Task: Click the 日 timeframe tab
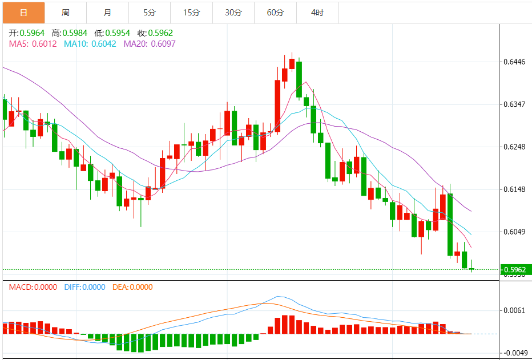pos(23,12)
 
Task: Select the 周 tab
pos(66,12)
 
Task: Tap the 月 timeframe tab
pos(108,12)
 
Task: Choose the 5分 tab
pos(149,12)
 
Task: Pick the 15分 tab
pos(191,12)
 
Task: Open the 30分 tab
pos(233,12)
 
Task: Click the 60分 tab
pos(275,12)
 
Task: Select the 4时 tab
pos(317,12)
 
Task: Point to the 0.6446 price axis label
pos(513,62)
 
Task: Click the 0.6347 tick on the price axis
pos(513,104)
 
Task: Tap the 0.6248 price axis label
pos(513,147)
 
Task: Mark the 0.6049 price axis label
pos(513,232)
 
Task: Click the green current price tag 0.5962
pos(513,269)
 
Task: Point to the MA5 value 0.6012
pos(33,43)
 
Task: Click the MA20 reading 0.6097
pos(150,43)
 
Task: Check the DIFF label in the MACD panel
pos(84,287)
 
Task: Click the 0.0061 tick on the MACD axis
pos(513,310)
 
